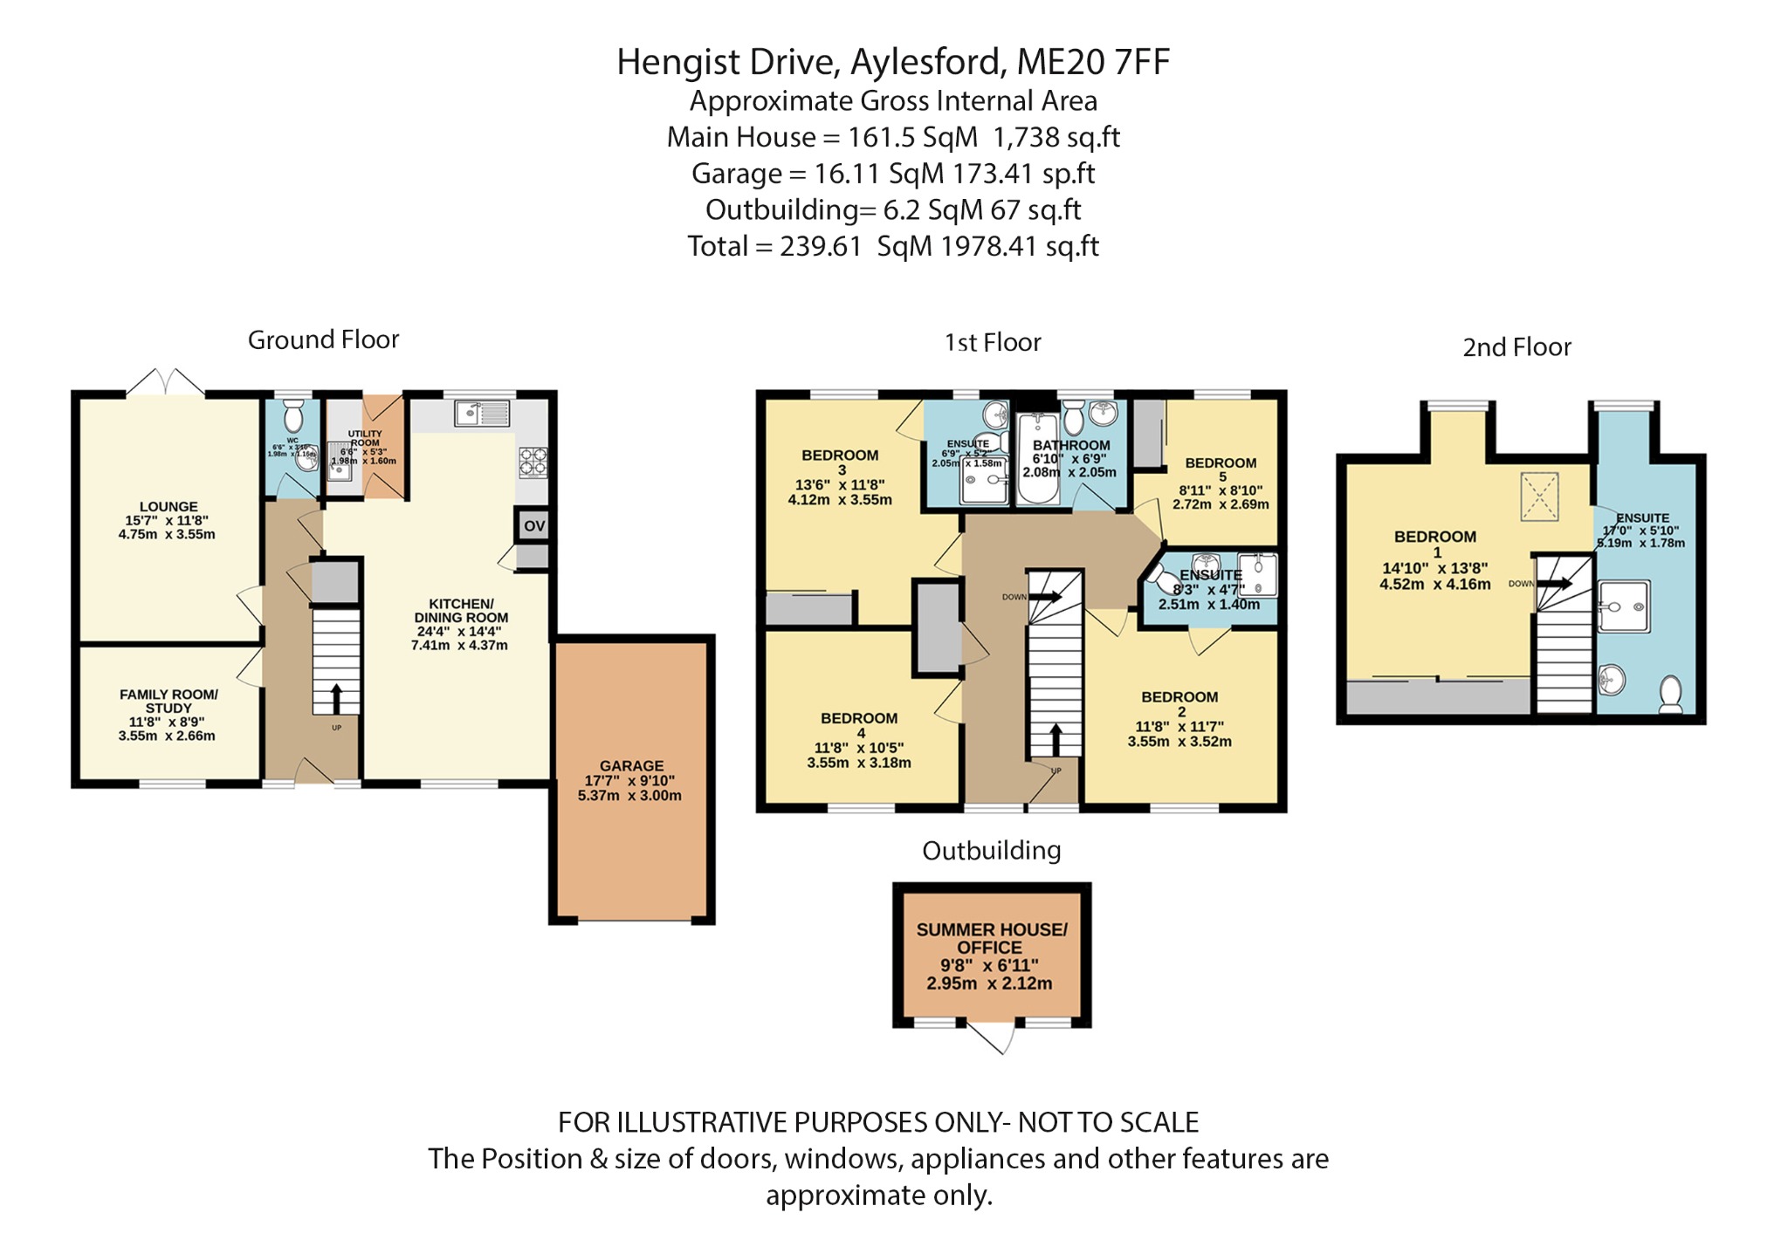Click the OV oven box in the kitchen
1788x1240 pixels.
pyautogui.click(x=533, y=525)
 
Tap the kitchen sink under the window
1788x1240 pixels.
pyautogui.click(x=481, y=413)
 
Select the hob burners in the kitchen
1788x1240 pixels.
pyautogui.click(x=533, y=462)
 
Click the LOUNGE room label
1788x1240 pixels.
pyautogui.click(x=168, y=506)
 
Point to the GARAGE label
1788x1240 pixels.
pyautogui.click(x=631, y=765)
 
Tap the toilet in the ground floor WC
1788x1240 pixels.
pyautogui.click(x=293, y=412)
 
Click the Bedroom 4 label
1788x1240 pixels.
pyautogui.click(x=859, y=718)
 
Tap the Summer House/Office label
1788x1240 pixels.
pyautogui.click(x=991, y=938)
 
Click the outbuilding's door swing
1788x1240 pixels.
pyautogui.click(x=995, y=1038)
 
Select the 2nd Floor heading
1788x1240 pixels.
pyautogui.click(x=1516, y=347)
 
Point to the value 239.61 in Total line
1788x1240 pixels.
pyautogui.click(x=821, y=246)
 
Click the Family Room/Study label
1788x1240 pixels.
pyautogui.click(x=168, y=701)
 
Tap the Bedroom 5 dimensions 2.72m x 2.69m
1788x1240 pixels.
pyautogui.click(x=1221, y=504)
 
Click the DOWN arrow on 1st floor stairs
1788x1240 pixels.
pyautogui.click(x=1046, y=597)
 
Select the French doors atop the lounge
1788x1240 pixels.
pyautogui.click(x=165, y=382)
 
